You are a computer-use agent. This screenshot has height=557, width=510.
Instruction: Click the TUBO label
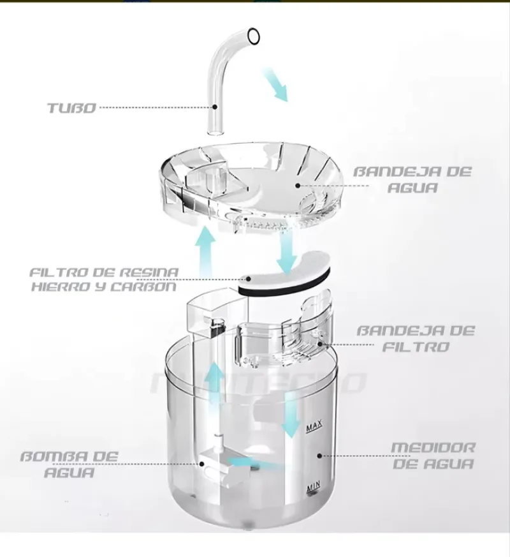71,107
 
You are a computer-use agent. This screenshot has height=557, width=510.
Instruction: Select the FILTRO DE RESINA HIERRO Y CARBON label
104,279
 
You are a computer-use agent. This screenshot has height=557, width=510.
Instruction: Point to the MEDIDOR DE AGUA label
432,455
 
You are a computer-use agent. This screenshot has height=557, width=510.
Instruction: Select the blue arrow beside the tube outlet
275,84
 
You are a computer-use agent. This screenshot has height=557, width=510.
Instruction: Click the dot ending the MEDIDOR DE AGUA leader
319,455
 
